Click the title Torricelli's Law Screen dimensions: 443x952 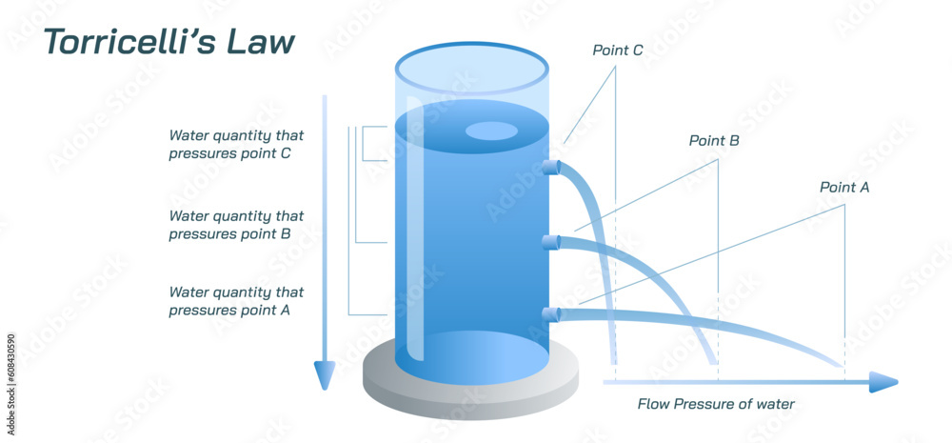(169, 43)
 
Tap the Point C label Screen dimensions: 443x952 (617, 50)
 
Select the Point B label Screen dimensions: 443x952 (714, 141)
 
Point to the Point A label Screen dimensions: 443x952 (844, 188)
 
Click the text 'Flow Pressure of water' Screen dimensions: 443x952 (715, 404)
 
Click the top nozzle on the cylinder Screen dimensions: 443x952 (548, 169)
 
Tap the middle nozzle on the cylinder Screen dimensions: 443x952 (548, 242)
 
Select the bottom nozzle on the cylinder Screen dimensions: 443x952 (548, 314)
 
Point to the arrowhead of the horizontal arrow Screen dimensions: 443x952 (884, 383)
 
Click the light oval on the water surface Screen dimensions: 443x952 (490, 131)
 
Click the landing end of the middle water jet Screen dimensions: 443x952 (709, 360)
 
